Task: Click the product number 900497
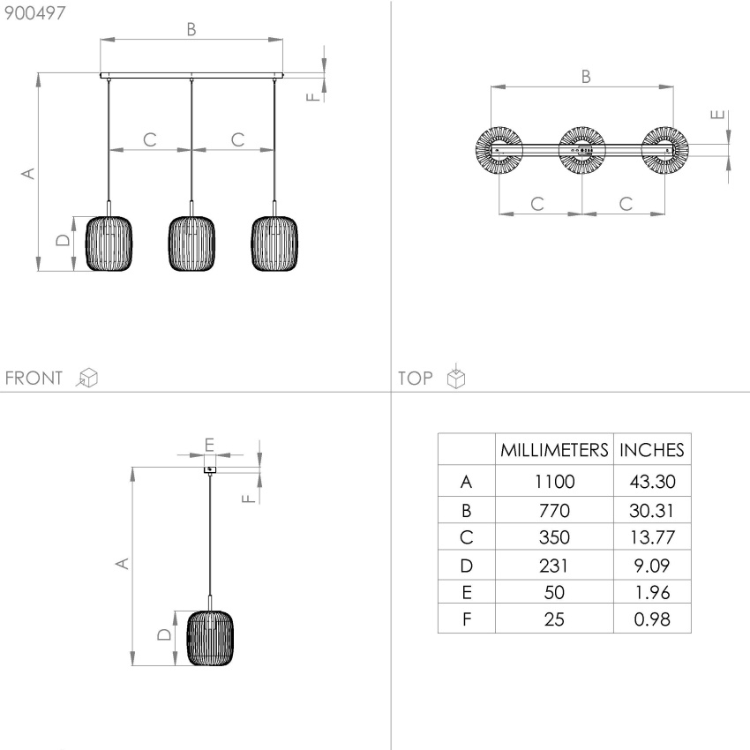pos(34,13)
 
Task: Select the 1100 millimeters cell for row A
pos(554,481)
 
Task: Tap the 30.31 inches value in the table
pos(652,510)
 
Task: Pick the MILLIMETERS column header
pos(554,450)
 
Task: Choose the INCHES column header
pos(652,450)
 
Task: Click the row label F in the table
pos(467,619)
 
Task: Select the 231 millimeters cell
pos(554,566)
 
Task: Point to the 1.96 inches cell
pos(652,593)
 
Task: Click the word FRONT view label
pos(34,378)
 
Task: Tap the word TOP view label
pos(416,379)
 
